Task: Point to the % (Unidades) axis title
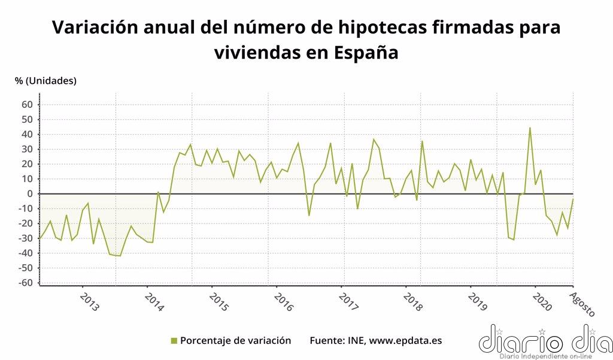[46, 81]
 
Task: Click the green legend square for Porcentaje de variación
[174, 341]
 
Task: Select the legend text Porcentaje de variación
[235, 340]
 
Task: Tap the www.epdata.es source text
[405, 340]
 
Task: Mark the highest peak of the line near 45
[530, 128]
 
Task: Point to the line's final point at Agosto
[573, 199]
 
